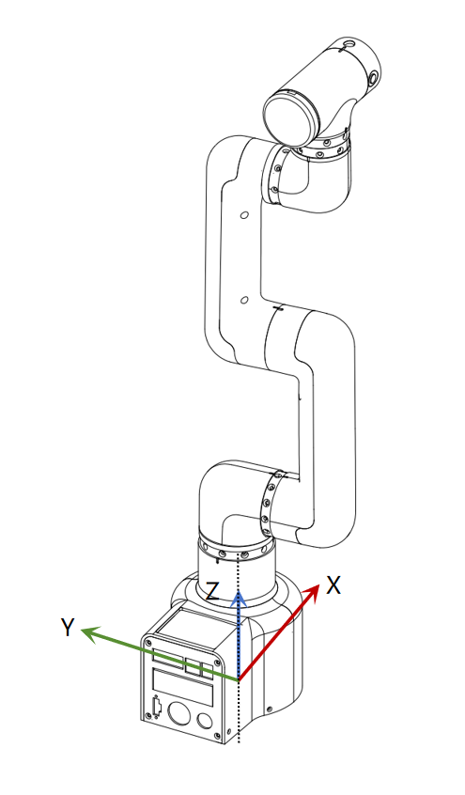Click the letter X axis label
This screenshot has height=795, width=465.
[333, 585]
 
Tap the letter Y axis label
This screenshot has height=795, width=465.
[68, 627]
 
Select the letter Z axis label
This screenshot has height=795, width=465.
[212, 592]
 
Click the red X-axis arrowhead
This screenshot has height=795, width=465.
[311, 592]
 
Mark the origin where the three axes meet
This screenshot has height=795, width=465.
[239, 679]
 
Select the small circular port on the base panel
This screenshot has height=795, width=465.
[205, 721]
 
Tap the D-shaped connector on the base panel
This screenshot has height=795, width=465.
[157, 705]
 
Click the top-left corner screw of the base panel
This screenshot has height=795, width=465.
[148, 643]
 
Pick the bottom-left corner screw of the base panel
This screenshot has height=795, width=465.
[147, 716]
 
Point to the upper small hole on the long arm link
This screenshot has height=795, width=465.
[244, 215]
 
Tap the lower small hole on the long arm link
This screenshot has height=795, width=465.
[244, 300]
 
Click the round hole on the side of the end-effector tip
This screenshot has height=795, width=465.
[374, 77]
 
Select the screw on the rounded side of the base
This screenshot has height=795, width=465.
[270, 708]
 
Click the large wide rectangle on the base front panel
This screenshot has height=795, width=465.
[182, 686]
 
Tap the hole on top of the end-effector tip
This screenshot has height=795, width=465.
[347, 44]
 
